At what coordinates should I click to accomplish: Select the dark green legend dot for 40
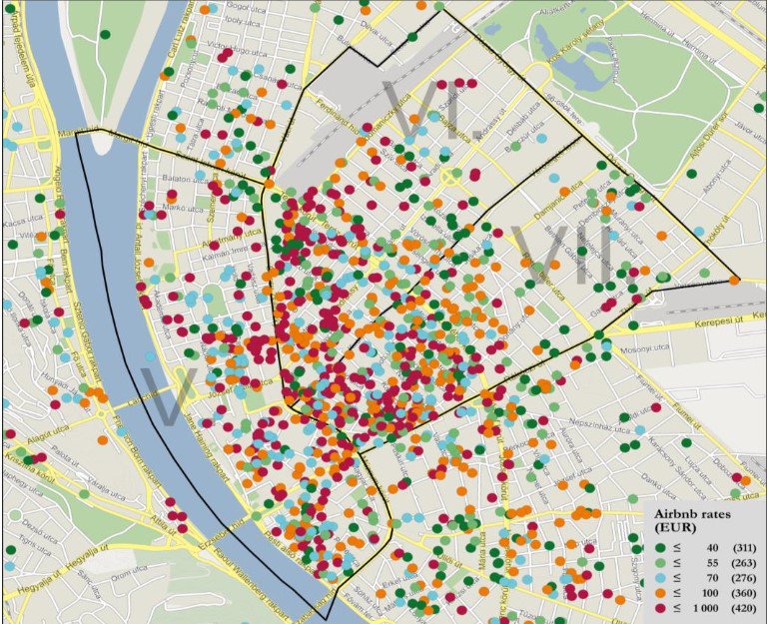[x=660, y=547]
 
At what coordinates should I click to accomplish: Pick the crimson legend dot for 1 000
[x=660, y=609]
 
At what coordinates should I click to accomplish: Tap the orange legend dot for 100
[x=660, y=594]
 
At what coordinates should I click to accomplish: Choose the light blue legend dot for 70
[x=660, y=578]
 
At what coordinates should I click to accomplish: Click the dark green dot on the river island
[x=105, y=35]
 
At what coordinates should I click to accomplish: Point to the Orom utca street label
[x=129, y=574]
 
